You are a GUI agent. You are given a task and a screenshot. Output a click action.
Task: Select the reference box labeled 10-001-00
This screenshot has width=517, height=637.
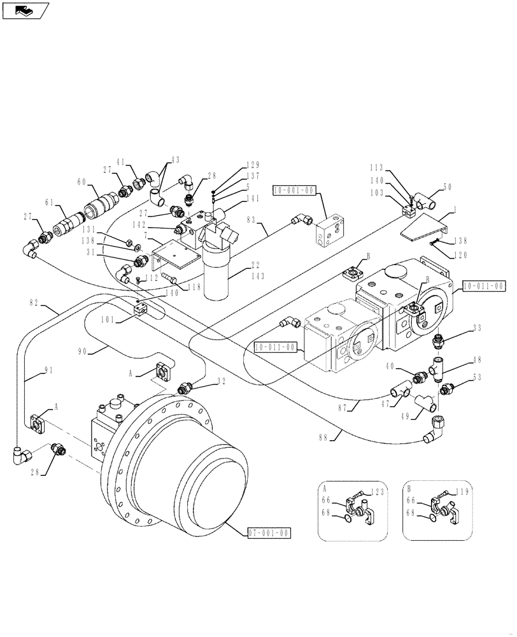[x=295, y=190]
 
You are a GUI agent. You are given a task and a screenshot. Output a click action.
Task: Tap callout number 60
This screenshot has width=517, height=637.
[x=81, y=182]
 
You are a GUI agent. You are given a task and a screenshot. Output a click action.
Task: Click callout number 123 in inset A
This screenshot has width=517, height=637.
[x=381, y=492]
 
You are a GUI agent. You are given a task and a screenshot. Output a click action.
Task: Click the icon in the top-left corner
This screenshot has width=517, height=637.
[x=25, y=11]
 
